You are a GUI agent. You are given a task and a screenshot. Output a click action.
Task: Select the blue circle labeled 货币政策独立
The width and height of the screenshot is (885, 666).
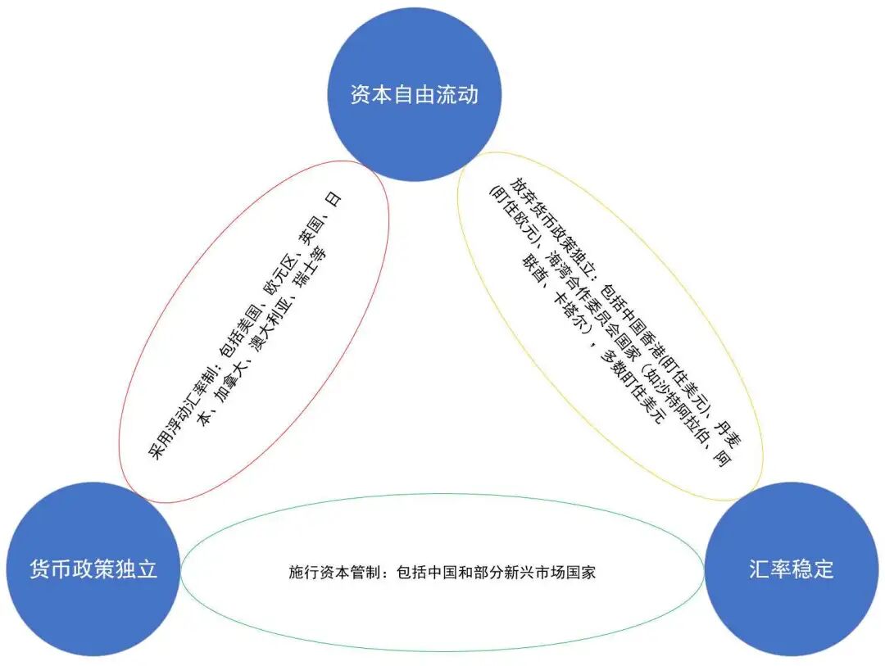coord(92,568)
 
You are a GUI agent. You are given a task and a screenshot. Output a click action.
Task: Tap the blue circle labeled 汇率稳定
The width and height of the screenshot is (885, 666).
coord(791,568)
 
